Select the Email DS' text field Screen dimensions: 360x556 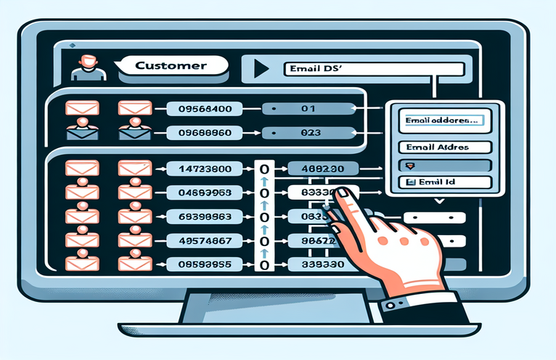pyautogui.click(x=372, y=70)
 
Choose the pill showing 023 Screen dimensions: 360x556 pyautogui.click(x=308, y=134)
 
